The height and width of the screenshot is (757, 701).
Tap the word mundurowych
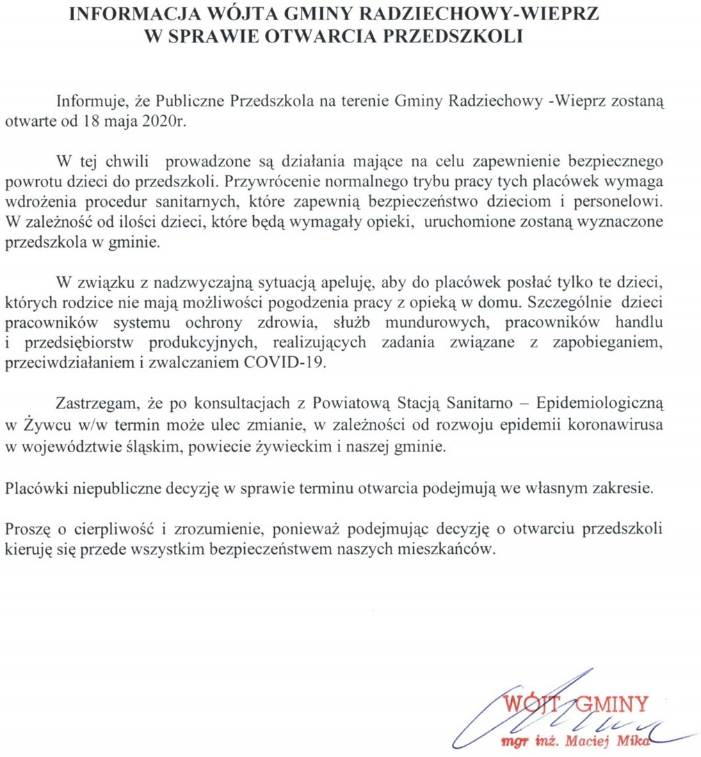(x=438, y=322)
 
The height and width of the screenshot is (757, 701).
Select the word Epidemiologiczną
(x=606, y=404)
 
